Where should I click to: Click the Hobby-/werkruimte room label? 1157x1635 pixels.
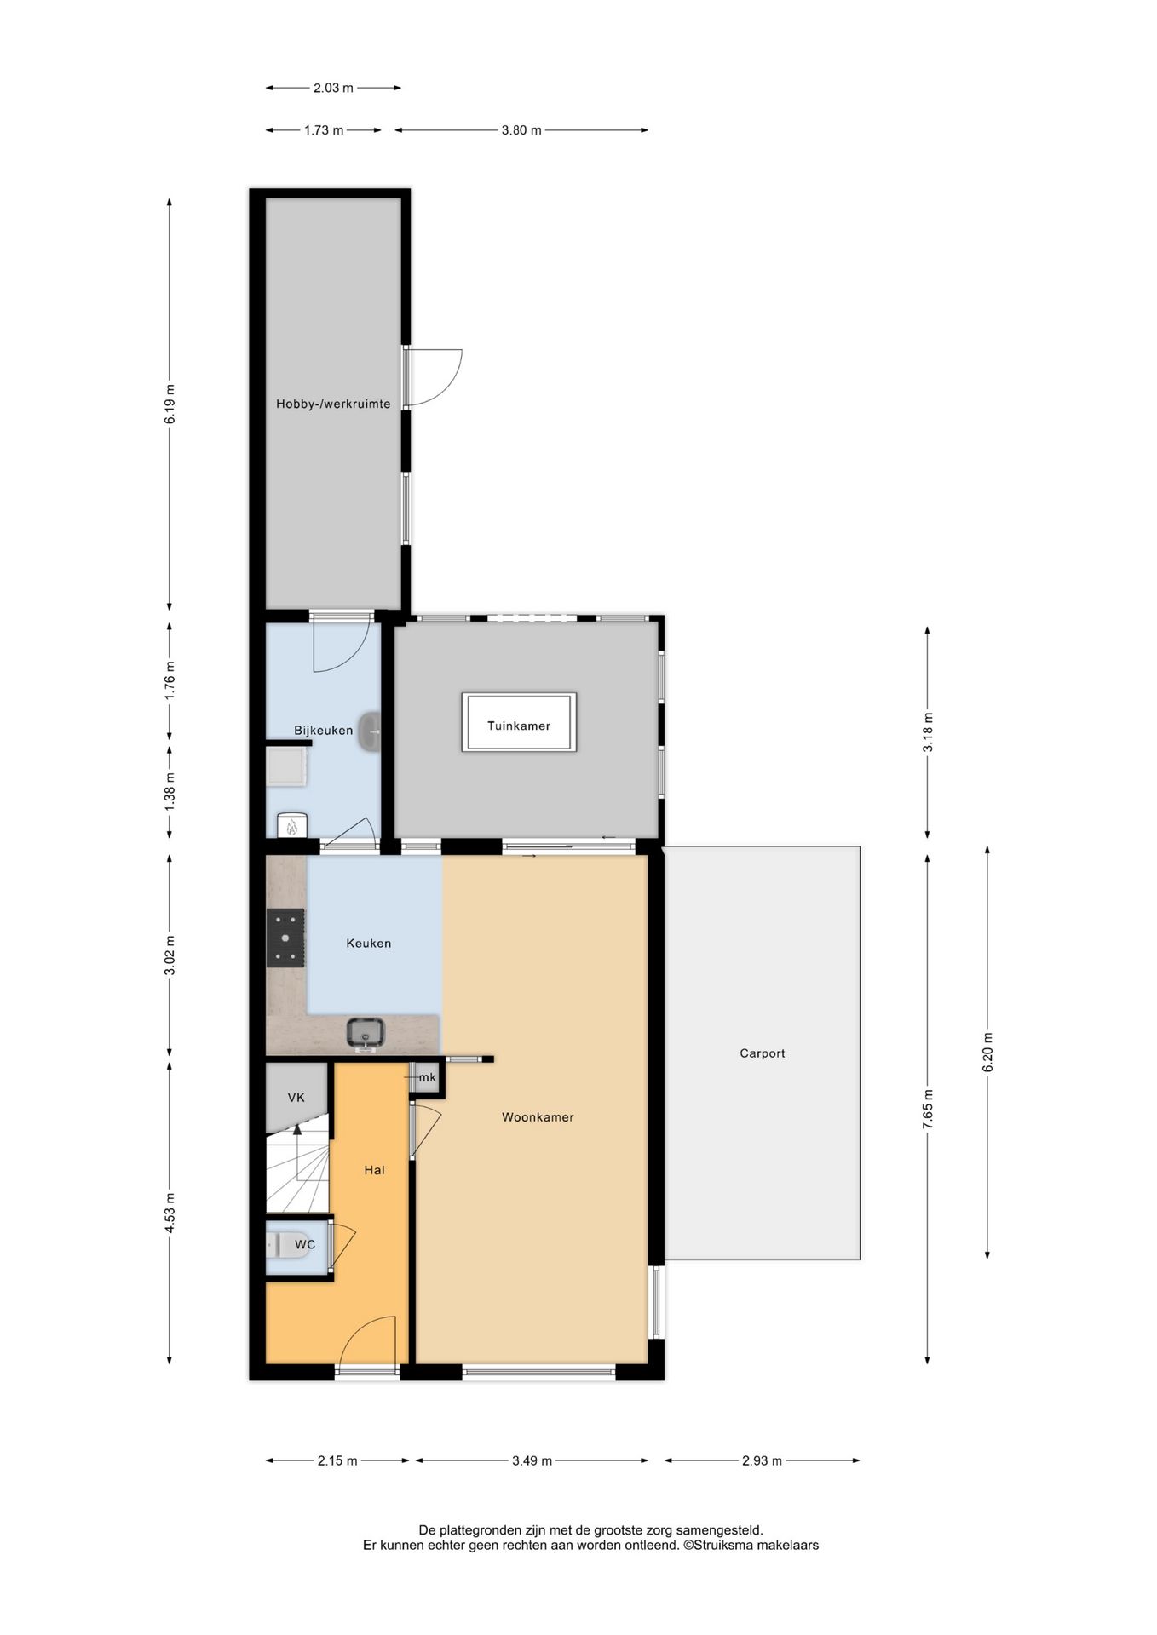pyautogui.click(x=333, y=404)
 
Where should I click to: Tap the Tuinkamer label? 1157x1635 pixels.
pyautogui.click(x=519, y=726)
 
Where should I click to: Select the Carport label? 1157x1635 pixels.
pyautogui.click(x=762, y=1053)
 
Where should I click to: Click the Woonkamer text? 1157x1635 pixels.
pyautogui.click(x=538, y=1116)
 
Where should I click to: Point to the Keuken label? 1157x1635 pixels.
pyautogui.click(x=369, y=943)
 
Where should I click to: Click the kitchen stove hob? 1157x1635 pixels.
pyautogui.click(x=285, y=938)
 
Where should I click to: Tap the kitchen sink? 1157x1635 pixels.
pyautogui.click(x=366, y=1032)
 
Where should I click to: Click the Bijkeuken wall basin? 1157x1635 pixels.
pyautogui.click(x=371, y=732)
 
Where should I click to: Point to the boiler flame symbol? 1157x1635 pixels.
pyautogui.click(x=291, y=825)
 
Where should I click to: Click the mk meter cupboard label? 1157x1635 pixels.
pyautogui.click(x=427, y=1077)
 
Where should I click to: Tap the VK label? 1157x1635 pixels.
pyautogui.click(x=296, y=1097)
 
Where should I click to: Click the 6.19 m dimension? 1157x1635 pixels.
pyautogui.click(x=170, y=404)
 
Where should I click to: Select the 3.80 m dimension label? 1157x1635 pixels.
pyautogui.click(x=521, y=130)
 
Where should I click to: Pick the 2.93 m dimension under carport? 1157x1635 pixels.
pyautogui.click(x=762, y=1460)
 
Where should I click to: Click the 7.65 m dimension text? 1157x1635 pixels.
pyautogui.click(x=928, y=1109)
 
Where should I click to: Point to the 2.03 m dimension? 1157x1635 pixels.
pyautogui.click(x=333, y=87)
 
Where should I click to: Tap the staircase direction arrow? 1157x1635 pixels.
pyautogui.click(x=297, y=1131)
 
